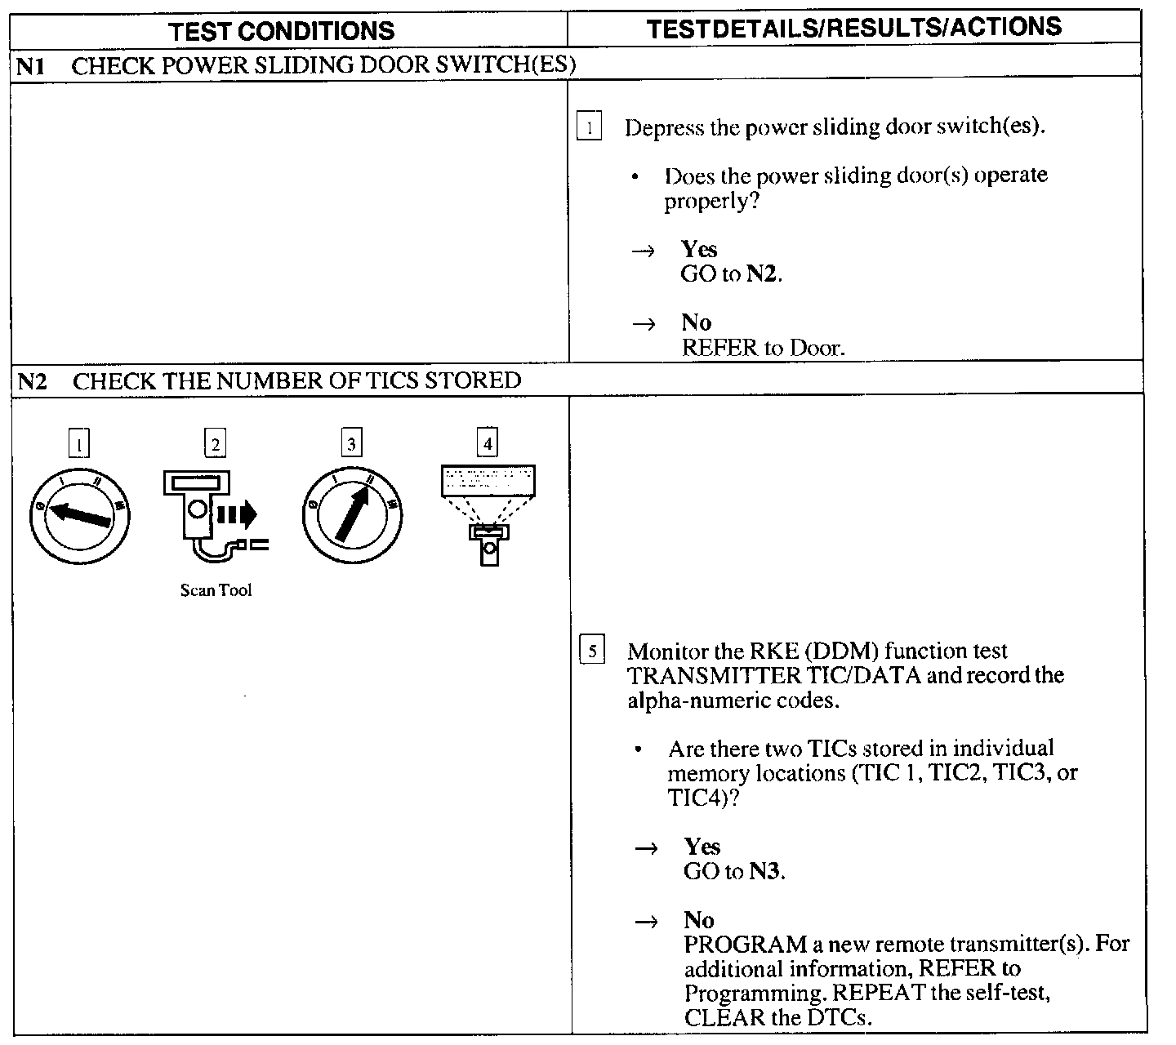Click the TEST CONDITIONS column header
281,31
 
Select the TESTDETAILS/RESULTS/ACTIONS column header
853,28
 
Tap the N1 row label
29,66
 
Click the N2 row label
32,381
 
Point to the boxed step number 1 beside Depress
589,128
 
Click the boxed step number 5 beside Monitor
591,651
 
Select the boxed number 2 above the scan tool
215,444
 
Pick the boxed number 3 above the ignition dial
351,444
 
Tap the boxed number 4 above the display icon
488,443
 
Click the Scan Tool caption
216,590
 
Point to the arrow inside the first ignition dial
79,515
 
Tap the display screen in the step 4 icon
488,479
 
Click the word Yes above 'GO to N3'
702,847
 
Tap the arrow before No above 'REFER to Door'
644,324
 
